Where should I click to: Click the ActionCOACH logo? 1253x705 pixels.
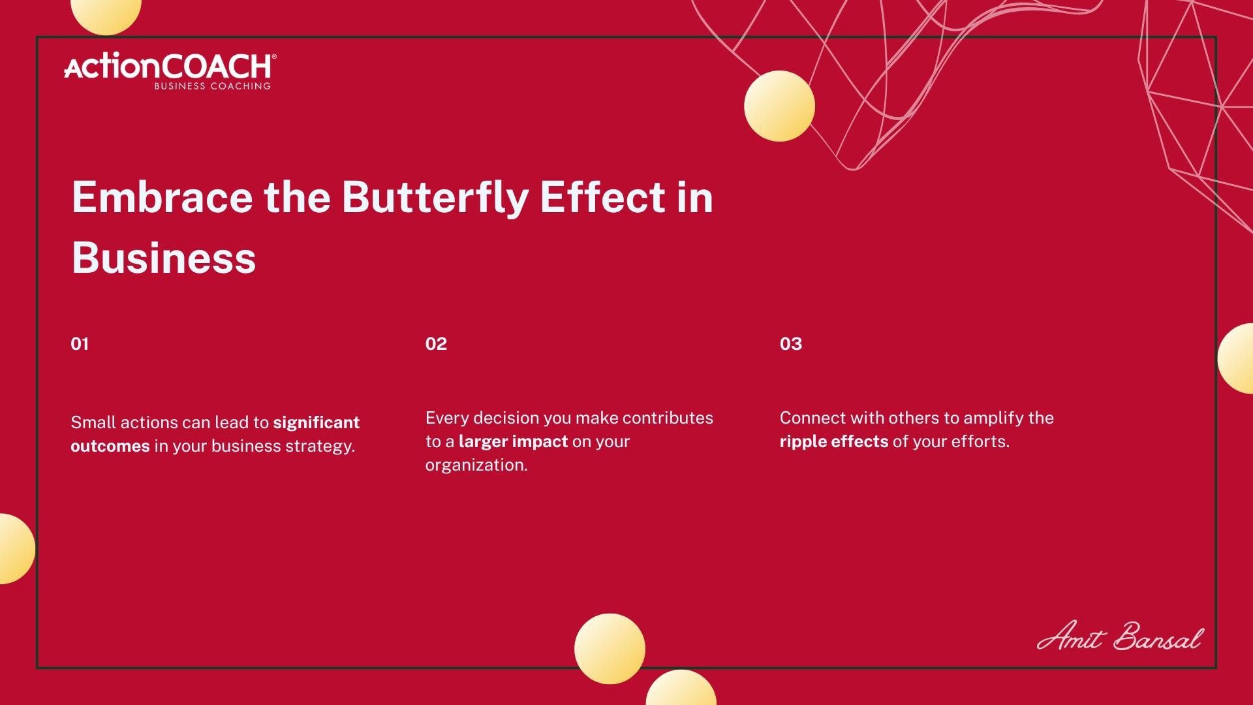click(170, 71)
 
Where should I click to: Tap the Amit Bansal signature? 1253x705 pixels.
click(1120, 636)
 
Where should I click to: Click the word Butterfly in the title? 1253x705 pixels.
click(435, 197)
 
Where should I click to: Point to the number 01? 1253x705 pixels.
click(80, 344)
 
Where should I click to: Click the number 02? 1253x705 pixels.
click(436, 344)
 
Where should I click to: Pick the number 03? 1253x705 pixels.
click(791, 344)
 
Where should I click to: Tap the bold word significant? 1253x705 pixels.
click(316, 423)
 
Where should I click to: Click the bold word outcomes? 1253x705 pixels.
click(110, 446)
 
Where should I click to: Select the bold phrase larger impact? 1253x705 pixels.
click(513, 442)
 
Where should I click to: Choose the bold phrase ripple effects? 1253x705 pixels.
click(834, 442)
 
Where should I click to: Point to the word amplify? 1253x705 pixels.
click(993, 418)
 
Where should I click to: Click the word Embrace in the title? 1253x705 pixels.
click(162, 197)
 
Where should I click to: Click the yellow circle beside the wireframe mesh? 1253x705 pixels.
click(779, 106)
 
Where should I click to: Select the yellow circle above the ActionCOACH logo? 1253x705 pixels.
click(106, 13)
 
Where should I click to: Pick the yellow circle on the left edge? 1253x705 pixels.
click(16, 548)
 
